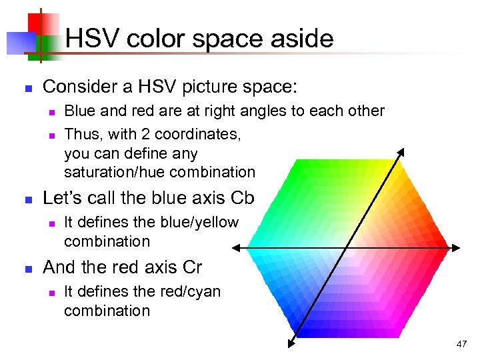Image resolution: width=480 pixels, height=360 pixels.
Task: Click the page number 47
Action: click(461, 344)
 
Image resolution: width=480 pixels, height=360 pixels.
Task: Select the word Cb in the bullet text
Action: click(242, 199)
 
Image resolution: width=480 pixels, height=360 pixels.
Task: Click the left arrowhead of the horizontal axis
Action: click(236, 249)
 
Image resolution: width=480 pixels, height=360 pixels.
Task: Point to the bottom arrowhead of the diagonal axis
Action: click(291, 345)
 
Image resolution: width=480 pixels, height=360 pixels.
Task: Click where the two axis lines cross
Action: click(346, 249)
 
